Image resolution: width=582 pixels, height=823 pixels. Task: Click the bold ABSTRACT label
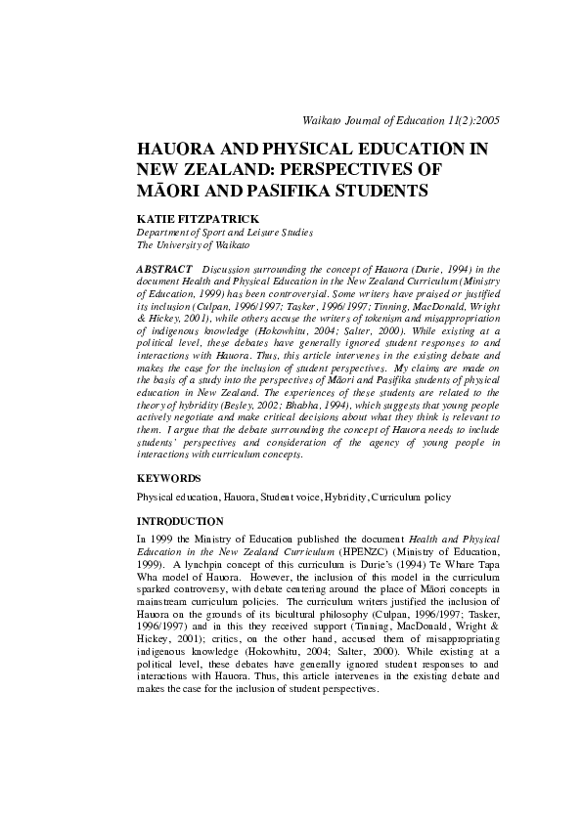[162, 268]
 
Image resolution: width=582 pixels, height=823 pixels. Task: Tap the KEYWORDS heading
[168, 479]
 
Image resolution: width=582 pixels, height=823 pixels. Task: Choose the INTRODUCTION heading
[180, 522]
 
